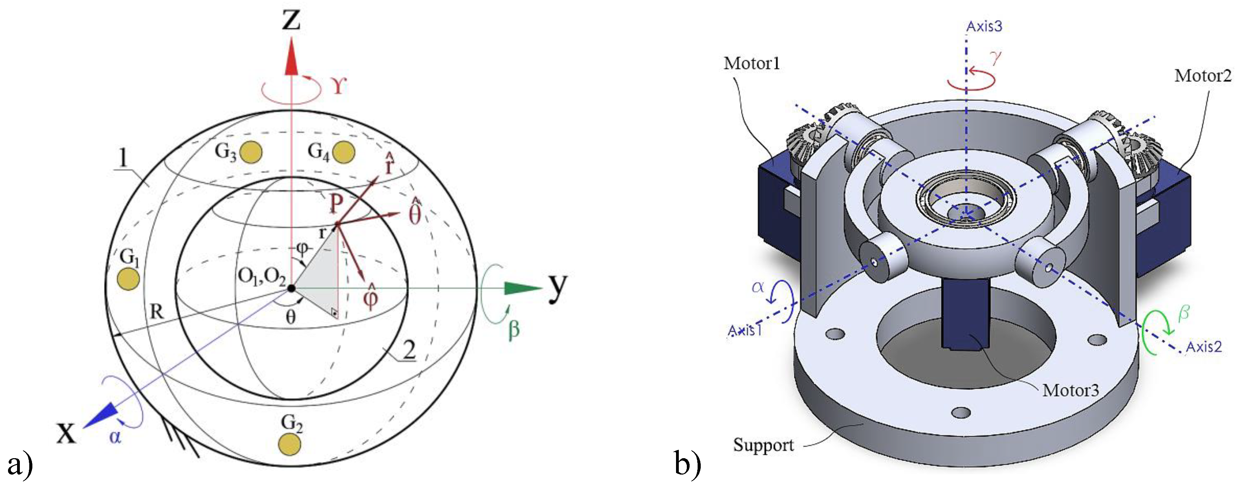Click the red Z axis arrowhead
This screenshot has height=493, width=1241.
click(291, 58)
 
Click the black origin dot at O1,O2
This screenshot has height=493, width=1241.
click(291, 288)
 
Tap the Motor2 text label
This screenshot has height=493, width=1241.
click(1202, 76)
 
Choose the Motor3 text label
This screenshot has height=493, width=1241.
click(1070, 390)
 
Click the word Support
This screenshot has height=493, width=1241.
click(763, 445)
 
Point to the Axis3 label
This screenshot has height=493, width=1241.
click(984, 26)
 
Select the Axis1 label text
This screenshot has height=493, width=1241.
click(745, 331)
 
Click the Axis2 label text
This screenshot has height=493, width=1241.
click(1203, 347)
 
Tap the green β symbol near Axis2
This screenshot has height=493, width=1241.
click(1183, 314)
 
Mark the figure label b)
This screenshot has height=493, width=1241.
click(688, 464)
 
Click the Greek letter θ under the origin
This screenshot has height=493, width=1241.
click(291, 317)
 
